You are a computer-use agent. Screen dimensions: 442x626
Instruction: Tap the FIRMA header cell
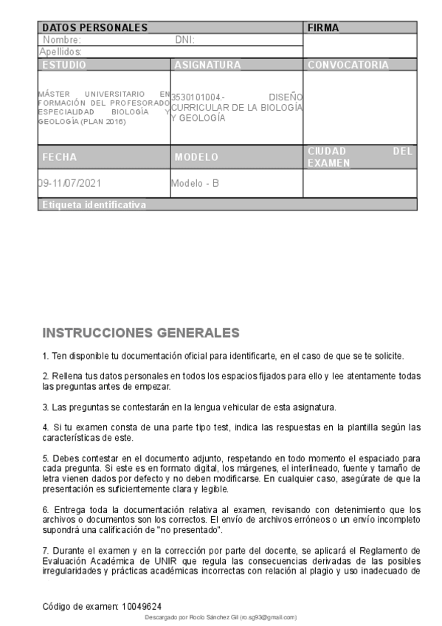[323, 27]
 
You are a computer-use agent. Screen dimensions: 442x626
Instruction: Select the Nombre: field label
[62, 40]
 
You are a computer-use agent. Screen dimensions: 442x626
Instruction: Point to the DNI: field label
[184, 40]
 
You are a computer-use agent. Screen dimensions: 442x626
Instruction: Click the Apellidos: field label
[60, 52]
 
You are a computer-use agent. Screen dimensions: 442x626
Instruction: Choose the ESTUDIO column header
[64, 65]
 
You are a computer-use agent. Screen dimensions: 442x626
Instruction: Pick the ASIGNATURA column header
[208, 65]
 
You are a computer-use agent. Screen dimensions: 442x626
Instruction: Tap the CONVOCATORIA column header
[348, 65]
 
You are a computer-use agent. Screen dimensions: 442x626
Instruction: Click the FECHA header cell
[60, 157]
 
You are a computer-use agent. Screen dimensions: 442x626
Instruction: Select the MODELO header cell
[196, 157]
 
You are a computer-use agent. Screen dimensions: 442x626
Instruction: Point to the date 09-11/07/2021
[69, 182]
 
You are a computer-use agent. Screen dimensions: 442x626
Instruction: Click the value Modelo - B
[195, 182]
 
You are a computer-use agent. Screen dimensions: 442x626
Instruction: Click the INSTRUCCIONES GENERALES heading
[142, 332]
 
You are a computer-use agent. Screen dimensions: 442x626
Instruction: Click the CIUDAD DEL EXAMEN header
[359, 156]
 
